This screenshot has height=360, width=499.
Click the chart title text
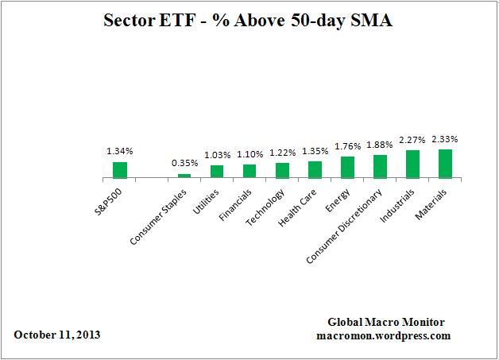click(x=249, y=21)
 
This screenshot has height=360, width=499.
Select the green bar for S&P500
click(x=119, y=170)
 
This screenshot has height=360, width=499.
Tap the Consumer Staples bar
click(x=184, y=176)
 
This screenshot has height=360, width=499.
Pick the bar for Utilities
click(x=217, y=171)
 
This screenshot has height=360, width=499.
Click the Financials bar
click(x=249, y=171)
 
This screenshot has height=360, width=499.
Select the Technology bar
click(x=282, y=170)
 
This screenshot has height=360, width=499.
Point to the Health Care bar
click(x=315, y=169)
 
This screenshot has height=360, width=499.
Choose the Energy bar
click(x=347, y=167)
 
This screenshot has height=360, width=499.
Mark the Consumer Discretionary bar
click(x=380, y=166)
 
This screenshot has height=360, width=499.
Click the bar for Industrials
click(x=412, y=164)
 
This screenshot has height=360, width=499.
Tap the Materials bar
click(x=445, y=164)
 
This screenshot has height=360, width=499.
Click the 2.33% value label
click(x=445, y=140)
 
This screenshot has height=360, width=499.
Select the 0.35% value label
click(x=184, y=164)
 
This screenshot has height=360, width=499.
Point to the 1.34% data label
click(x=119, y=149)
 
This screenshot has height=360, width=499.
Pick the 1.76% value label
click(x=347, y=145)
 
